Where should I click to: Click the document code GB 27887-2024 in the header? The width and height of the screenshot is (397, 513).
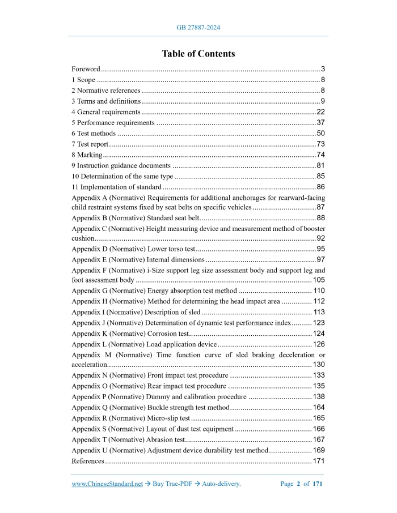click(198, 27)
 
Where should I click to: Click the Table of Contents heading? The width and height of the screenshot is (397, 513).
click(198, 54)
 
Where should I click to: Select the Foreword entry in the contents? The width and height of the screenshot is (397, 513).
click(86, 69)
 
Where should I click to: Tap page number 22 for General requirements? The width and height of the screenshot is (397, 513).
click(320, 112)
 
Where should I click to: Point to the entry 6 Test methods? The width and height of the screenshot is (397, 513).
click(94, 134)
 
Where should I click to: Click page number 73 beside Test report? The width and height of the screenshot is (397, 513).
click(320, 144)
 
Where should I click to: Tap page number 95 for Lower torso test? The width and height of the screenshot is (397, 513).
click(320, 249)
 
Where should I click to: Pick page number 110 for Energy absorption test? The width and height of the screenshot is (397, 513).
click(319, 291)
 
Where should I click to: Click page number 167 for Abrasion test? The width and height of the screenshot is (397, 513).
click(319, 439)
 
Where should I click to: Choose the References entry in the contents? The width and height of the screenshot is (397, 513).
click(88, 461)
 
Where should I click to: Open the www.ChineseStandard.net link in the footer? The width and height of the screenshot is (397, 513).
click(107, 484)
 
